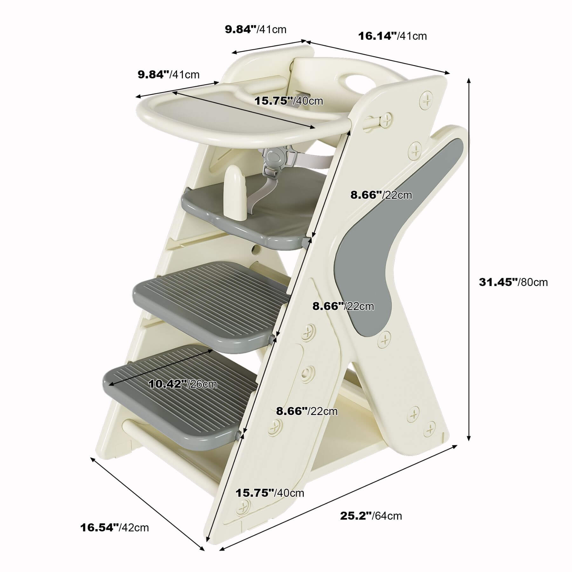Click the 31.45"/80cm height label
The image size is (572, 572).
pyautogui.click(x=513, y=282)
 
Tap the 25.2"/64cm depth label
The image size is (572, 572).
pyautogui.click(x=371, y=515)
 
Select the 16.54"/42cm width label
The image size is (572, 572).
pyautogui.click(x=114, y=528)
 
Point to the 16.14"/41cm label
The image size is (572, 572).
pyautogui.click(x=392, y=36)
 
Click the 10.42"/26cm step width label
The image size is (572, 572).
pyautogui.click(x=183, y=384)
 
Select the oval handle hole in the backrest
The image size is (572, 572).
pyautogui.click(x=357, y=82)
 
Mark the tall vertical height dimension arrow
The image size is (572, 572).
pyautogui.click(x=469, y=259)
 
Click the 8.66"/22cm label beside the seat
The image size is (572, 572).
pyautogui.click(x=381, y=195)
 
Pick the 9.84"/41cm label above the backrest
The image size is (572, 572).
pyautogui.click(x=255, y=30)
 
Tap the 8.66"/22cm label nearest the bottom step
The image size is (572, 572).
pyautogui.click(x=307, y=411)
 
